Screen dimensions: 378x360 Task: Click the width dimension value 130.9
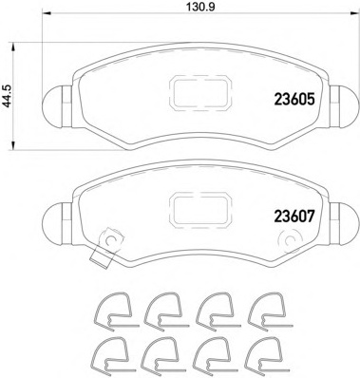click(x=197, y=11)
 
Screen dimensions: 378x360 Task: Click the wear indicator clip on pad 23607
click(x=106, y=244)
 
